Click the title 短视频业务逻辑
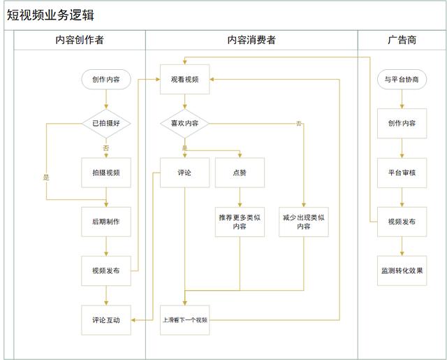tap(50, 15)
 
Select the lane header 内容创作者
tap(80, 40)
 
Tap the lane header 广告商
tap(402, 40)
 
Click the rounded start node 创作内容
tap(106, 79)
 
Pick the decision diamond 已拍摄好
tap(106, 123)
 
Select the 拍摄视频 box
tap(106, 173)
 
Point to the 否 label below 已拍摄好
tap(106, 147)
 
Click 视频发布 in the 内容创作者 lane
tap(106, 271)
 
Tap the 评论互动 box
tap(106, 320)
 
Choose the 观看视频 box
tap(184, 79)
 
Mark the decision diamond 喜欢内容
tap(184, 123)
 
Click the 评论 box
tap(184, 173)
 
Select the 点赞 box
tap(240, 173)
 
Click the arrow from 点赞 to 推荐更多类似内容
tap(240, 197)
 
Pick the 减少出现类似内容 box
tap(304, 222)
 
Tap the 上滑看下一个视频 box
tap(184, 320)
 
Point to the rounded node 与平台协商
tap(402, 79)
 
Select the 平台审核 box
tap(402, 173)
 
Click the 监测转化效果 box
tap(402, 271)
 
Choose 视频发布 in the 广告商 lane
tap(402, 222)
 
